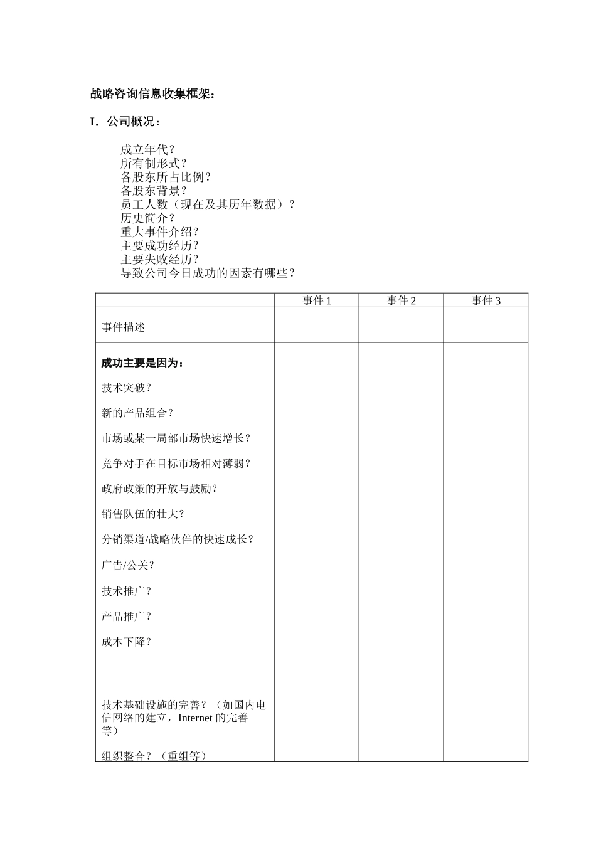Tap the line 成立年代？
[x=148, y=150]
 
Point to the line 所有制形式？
[x=154, y=164]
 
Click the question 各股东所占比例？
[x=166, y=178]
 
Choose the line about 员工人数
[x=208, y=205]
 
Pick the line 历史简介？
[x=148, y=219]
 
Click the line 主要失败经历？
[x=160, y=260]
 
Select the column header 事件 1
[x=316, y=300]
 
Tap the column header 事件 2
[x=401, y=300]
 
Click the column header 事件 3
[x=486, y=300]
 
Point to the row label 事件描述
[x=124, y=327]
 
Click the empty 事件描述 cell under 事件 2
[x=401, y=325]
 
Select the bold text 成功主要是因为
[x=142, y=363]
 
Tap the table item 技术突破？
[x=127, y=388]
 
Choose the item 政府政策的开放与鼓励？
[x=159, y=489]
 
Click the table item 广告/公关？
[x=128, y=565]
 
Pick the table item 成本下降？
[x=127, y=642]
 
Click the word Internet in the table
[x=195, y=718]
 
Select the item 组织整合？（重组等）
[x=154, y=756]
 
